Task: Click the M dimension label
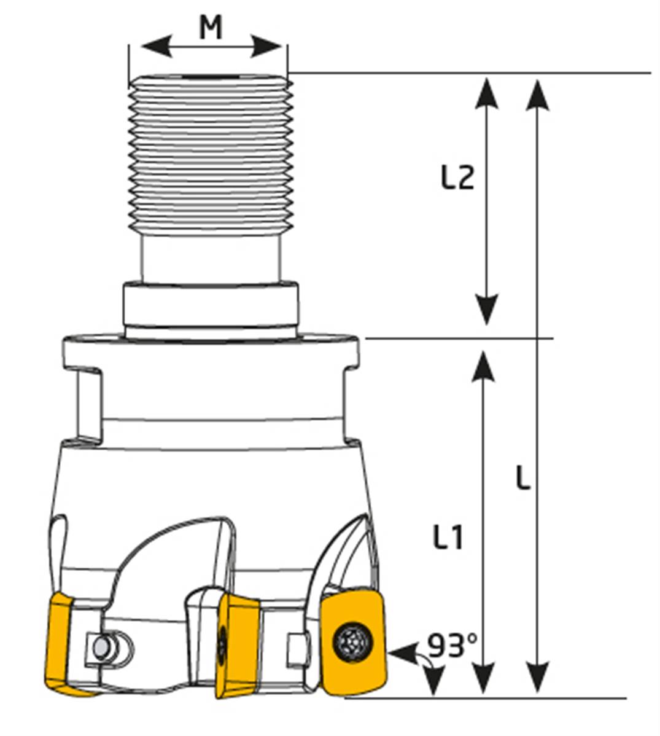click(211, 28)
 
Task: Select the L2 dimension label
click(457, 179)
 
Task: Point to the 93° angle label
click(452, 645)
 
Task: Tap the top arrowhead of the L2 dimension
click(487, 92)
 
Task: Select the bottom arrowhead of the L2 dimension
click(487, 310)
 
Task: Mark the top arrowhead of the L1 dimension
click(485, 366)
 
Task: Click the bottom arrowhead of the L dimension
click(538, 676)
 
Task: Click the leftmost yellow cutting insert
click(61, 645)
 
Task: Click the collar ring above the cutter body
click(211, 306)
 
